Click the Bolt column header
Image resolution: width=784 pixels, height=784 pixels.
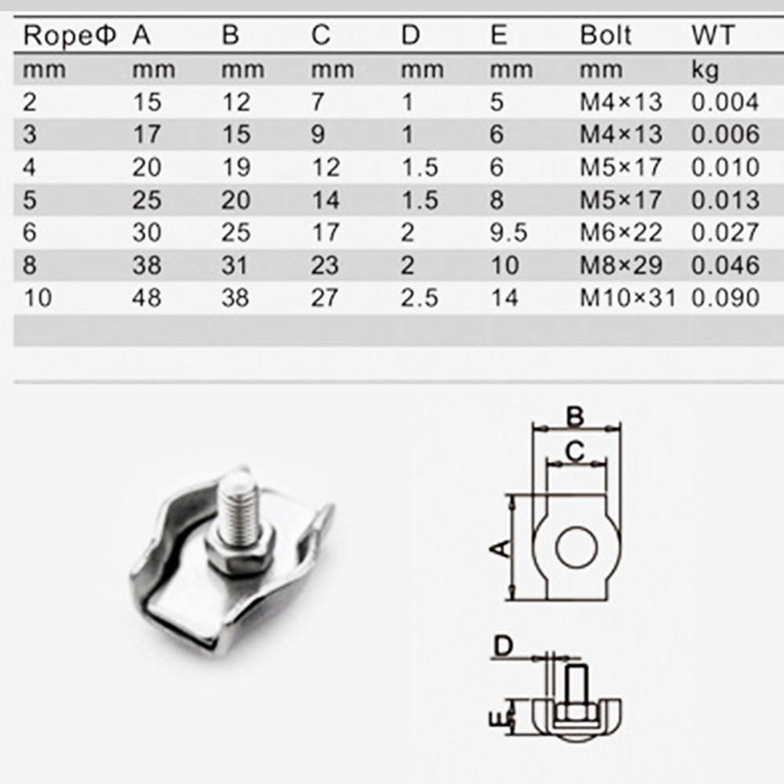pyautogui.click(x=605, y=36)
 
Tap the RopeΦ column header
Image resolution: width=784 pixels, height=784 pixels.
pyautogui.click(x=70, y=36)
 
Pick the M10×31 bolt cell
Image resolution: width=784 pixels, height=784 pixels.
pyautogui.click(x=627, y=299)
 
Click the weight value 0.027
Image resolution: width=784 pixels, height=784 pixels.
pyautogui.click(x=725, y=233)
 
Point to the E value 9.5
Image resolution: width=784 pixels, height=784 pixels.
pyautogui.click(x=509, y=233)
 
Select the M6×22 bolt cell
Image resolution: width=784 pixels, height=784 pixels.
pyautogui.click(x=621, y=233)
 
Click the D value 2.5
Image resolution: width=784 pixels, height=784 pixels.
pyautogui.click(x=419, y=299)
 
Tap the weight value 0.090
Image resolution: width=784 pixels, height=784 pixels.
pyautogui.click(x=725, y=299)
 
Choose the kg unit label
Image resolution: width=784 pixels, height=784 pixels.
pyautogui.click(x=705, y=71)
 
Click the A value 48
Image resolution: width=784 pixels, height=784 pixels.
pyautogui.click(x=147, y=299)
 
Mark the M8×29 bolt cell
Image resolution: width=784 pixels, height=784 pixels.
pyautogui.click(x=621, y=266)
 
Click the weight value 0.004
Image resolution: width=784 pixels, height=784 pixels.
pyautogui.click(x=725, y=103)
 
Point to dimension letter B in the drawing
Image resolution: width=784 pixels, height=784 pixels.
pyautogui.click(x=576, y=416)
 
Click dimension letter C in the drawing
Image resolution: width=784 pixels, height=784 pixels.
pyautogui.click(x=575, y=452)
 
